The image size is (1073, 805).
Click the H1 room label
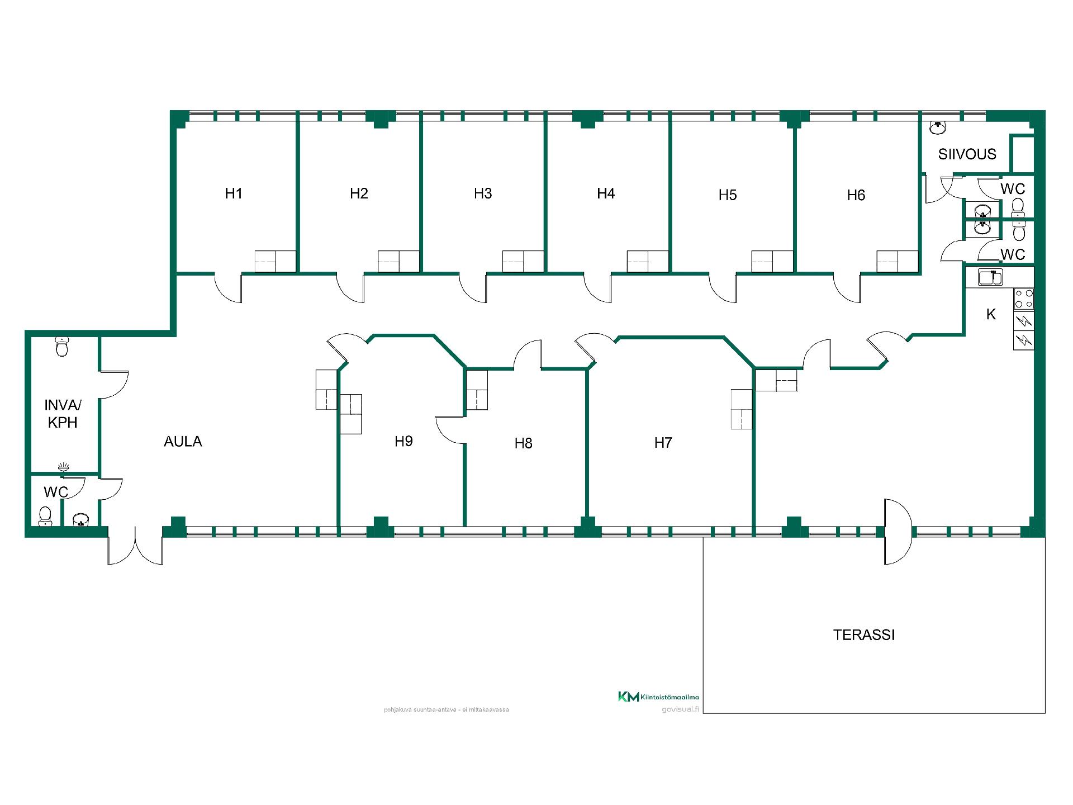click(234, 193)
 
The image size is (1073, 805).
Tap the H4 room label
click(606, 193)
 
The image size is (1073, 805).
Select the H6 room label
click(856, 195)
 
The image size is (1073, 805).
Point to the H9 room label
click(403, 441)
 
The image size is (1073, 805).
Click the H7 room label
click(663, 443)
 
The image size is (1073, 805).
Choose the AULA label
click(183, 442)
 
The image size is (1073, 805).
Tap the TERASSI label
click(864, 635)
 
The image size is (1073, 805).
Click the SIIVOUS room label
click(967, 154)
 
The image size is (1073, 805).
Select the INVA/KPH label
click(63, 414)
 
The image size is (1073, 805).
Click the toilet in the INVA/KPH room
click(62, 347)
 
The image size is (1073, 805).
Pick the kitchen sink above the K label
click(990, 277)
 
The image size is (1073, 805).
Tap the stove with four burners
click(1024, 299)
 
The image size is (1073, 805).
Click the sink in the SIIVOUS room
click(938, 128)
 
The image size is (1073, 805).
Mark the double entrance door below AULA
click(135, 545)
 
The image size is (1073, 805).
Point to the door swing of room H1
click(228, 288)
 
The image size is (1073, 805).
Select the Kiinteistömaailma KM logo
click(658, 697)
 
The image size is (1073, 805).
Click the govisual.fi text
click(680, 709)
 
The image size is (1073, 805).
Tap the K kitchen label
click(991, 314)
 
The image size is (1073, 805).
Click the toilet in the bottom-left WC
click(45, 516)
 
